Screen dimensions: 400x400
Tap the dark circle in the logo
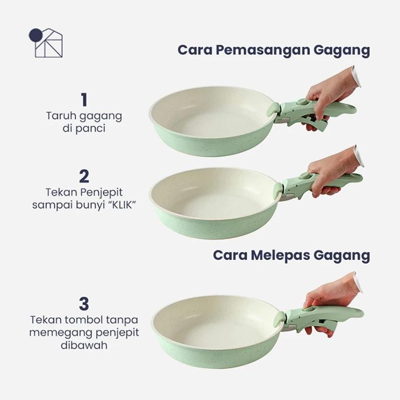pyautogui.click(x=35, y=35)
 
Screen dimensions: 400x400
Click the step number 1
pyautogui.click(x=84, y=99)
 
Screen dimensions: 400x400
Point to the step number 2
pyautogui.click(x=84, y=176)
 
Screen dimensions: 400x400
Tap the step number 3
pyautogui.click(x=84, y=302)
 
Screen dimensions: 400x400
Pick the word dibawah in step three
pyautogui.click(x=84, y=345)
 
